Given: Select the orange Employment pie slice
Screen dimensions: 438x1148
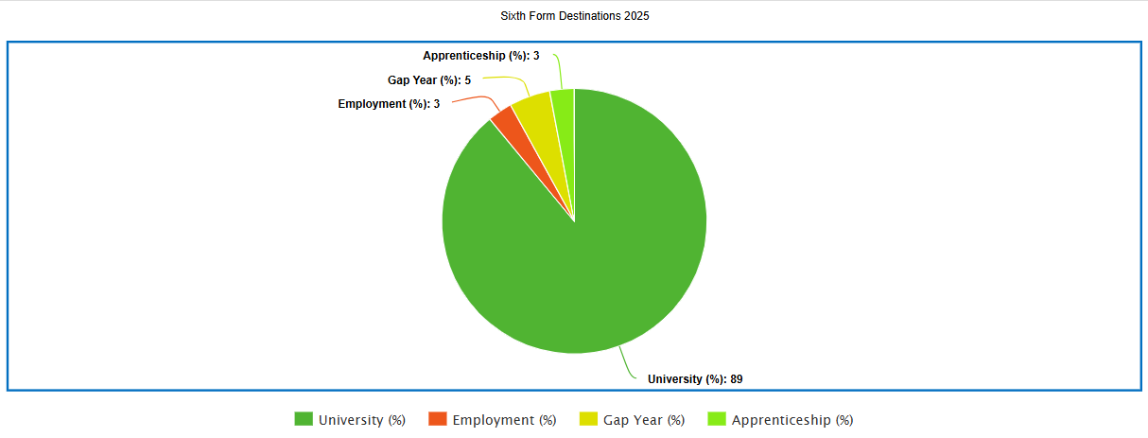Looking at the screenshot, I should coord(503,122).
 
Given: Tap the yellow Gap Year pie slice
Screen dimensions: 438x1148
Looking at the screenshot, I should coord(534,108).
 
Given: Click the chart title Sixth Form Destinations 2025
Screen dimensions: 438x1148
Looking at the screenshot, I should coord(574,16).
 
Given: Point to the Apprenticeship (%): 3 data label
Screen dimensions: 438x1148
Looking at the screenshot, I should coord(481,56).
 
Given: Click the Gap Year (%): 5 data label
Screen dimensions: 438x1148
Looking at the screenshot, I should coord(429,79).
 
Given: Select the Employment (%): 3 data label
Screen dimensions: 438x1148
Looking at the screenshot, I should coord(389,103).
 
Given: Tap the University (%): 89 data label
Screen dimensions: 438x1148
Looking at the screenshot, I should coord(695,379).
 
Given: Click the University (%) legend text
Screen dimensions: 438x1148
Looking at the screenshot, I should coord(362,420).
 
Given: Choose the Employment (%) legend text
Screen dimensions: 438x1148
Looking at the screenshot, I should coord(504,420).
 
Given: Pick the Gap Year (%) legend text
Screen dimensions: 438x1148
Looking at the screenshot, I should coord(644,420).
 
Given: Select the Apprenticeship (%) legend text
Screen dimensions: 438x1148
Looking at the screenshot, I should coord(792,420).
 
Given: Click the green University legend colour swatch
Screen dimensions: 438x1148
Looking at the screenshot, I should coord(304,419).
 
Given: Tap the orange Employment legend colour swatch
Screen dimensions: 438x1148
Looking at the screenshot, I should coord(438,419).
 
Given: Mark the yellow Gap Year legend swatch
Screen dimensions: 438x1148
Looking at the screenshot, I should coord(588,419).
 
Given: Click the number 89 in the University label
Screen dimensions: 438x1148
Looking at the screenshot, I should coord(736,379).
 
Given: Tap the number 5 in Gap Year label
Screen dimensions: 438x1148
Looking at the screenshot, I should coord(467,79).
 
